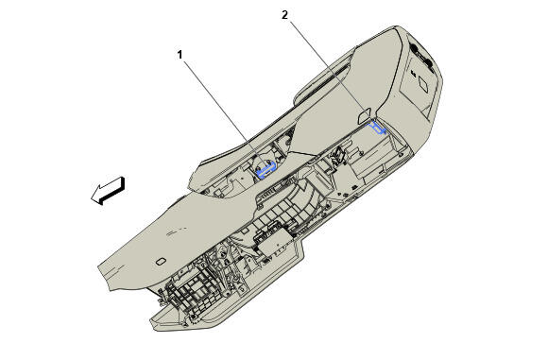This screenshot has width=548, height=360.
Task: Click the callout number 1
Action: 180,55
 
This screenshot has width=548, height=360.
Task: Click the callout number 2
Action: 284,15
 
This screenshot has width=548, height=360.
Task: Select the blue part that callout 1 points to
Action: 266,169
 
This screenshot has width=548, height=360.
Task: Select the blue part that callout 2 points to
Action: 378,128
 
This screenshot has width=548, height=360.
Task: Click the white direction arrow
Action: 109,191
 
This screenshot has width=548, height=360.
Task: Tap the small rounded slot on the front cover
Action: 161,261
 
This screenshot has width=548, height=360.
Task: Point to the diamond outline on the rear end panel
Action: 424,84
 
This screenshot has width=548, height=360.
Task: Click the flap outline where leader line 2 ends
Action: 365,116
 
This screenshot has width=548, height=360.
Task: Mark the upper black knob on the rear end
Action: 415,48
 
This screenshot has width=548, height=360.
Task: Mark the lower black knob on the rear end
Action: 428,63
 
